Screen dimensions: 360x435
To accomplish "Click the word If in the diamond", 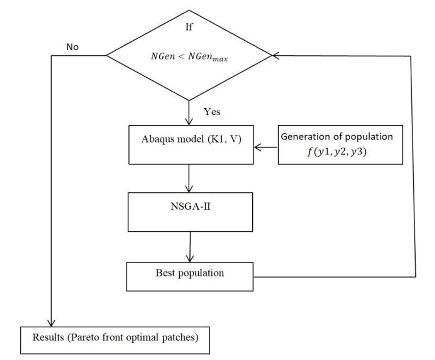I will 189,28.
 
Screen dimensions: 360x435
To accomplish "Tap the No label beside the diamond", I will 72,47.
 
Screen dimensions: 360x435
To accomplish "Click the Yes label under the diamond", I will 212,112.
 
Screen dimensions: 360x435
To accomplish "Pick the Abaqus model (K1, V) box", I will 191,144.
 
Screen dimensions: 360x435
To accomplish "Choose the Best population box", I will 190,276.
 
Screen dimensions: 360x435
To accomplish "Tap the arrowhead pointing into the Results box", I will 51,323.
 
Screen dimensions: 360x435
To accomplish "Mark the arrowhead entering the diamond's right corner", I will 275,55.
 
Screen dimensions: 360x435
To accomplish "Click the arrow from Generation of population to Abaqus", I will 266,147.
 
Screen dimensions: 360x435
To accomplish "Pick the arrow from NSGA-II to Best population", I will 190,247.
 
